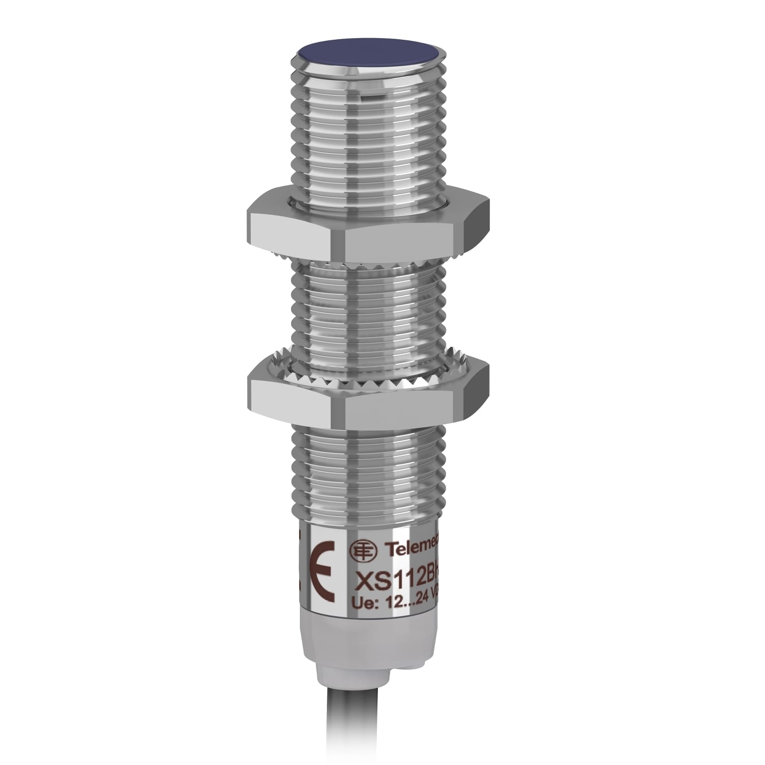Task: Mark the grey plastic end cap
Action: (x=367, y=648)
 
